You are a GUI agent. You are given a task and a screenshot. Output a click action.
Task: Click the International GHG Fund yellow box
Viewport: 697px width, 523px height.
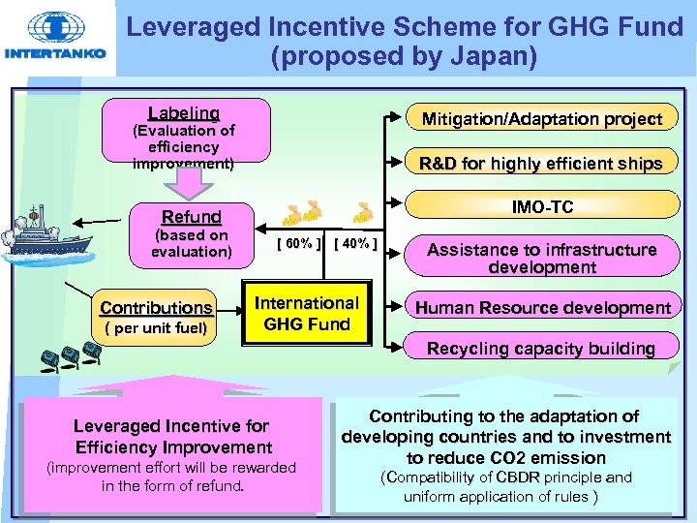click(x=306, y=314)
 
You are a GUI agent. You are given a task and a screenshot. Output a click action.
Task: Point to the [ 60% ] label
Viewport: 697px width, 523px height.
click(x=299, y=243)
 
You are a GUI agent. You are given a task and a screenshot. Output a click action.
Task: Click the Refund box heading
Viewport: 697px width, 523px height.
click(x=191, y=217)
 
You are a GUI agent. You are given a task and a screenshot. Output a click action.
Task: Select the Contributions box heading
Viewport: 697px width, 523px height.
click(x=156, y=308)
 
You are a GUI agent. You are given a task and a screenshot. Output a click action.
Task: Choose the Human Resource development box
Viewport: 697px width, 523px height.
click(x=542, y=308)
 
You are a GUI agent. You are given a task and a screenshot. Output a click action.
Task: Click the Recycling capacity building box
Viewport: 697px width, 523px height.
click(x=541, y=349)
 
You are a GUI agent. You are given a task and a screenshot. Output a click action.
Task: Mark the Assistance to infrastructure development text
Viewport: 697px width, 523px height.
click(x=541, y=258)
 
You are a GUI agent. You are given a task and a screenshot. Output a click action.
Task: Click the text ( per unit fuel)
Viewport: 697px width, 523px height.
click(x=155, y=327)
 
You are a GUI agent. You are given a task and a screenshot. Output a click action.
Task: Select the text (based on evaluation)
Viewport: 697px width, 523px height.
click(x=191, y=243)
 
